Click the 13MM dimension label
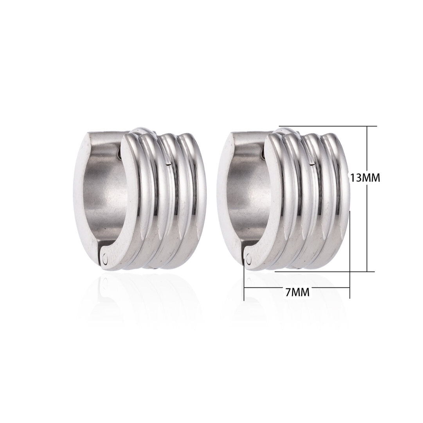click(x=365, y=177)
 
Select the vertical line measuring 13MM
click(x=367, y=219)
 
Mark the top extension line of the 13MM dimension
click(x=329, y=126)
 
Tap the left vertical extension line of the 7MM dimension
click(x=244, y=282)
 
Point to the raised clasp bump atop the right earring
click(x=286, y=130)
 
